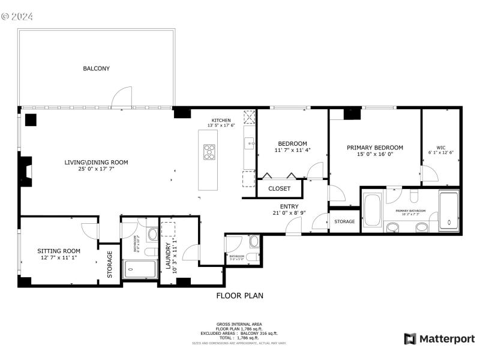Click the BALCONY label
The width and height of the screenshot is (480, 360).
coord(96,69)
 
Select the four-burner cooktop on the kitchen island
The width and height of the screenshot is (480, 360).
coord(209,152)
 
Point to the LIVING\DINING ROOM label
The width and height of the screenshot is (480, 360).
coord(96,163)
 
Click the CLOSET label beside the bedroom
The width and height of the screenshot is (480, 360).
coord(279,188)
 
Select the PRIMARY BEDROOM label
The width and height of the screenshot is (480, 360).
coord(374,148)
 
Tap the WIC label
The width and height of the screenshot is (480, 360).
coord(440,147)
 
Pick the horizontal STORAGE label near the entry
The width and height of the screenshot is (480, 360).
coord(344,222)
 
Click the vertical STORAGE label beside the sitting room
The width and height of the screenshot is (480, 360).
coord(110,264)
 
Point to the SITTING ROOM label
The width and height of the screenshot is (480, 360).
coord(59,251)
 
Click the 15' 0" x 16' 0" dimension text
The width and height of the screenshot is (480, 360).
coord(374,154)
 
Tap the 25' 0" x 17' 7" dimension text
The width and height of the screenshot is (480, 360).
coord(96,169)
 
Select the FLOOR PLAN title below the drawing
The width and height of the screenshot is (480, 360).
coord(239,296)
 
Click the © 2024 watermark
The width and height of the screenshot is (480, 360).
coord(17,16)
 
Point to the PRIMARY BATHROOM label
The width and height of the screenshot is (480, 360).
coord(410,211)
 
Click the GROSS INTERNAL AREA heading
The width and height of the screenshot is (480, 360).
coord(239,324)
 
